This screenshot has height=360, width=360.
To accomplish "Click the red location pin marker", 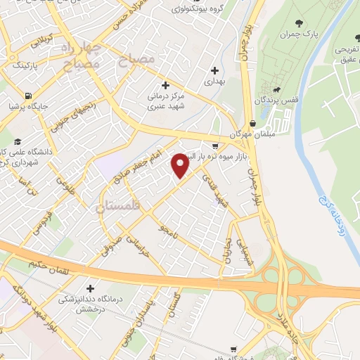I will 181,165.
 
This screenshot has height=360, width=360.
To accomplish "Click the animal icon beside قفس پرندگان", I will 279,90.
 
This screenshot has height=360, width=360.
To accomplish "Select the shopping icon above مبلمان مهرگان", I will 252,123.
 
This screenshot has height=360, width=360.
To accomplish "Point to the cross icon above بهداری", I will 216,70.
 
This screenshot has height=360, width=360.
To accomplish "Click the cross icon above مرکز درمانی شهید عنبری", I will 166,84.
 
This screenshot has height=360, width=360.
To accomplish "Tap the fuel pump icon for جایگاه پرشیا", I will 27,96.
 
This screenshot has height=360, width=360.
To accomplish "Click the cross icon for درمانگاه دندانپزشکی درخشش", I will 90,288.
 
